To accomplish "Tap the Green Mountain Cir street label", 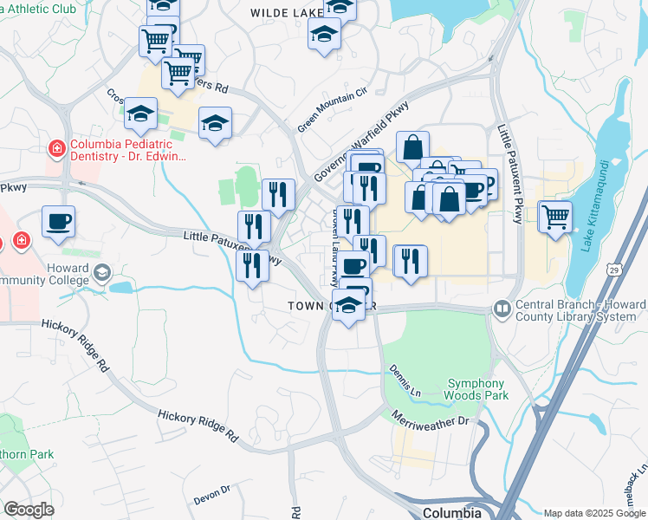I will coord(333,109).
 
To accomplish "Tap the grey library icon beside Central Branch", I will coord(502,309).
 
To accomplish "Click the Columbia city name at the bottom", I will coord(452,512).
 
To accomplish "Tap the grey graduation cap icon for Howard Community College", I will coord(102,275).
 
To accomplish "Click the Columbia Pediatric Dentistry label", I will coord(128,151).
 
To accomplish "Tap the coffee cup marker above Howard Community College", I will coord(58,222).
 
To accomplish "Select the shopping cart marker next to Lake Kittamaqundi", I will coord(554,216).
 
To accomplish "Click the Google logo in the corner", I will coord(29,510).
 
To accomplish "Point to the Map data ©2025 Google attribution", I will coord(593,513).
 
